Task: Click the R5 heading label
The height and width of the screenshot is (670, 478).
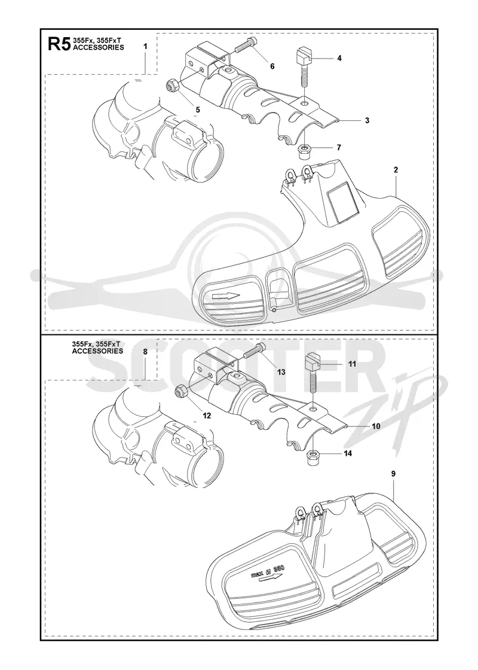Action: click(57, 44)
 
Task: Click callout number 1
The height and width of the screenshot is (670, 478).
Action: click(145, 45)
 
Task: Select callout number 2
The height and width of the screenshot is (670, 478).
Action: click(396, 170)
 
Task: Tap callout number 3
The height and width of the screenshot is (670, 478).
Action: click(367, 120)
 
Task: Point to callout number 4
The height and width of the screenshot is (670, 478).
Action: click(339, 57)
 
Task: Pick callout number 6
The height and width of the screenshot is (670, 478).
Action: click(272, 66)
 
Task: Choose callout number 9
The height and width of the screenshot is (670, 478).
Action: click(393, 473)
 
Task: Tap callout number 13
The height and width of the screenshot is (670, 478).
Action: click(281, 372)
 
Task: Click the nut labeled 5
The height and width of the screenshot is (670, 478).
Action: click(172, 86)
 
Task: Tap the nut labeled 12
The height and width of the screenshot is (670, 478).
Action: click(180, 390)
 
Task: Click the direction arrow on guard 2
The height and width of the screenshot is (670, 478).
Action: click(225, 296)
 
